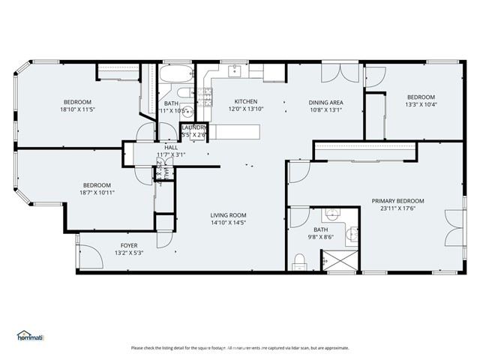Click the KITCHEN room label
coord(246,102)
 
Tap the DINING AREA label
coord(325,102)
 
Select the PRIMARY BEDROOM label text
coord(397,201)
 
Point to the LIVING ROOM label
coord(228,215)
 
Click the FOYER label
coord(129,245)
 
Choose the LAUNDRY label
coord(195,128)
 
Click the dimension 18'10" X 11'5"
coord(76,109)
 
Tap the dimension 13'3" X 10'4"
coord(421,104)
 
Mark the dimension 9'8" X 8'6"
coord(320,238)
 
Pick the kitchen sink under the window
coord(234,71)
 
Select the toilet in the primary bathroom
coord(299,261)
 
